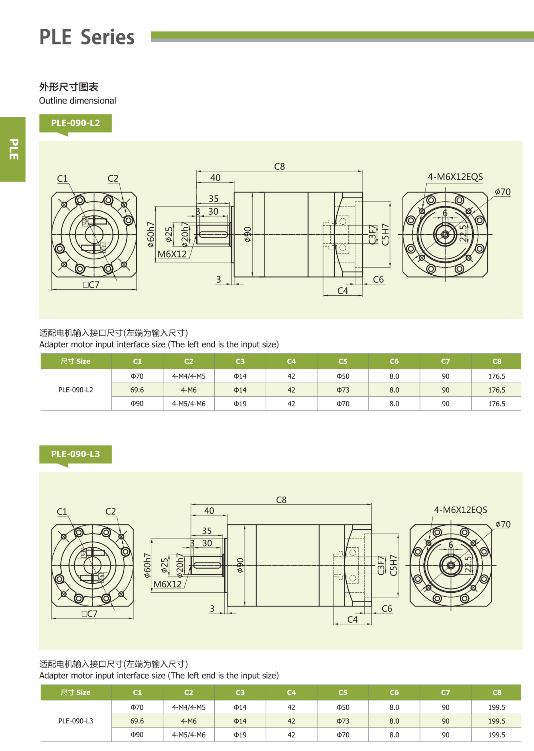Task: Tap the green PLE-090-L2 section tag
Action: pyautogui.click(x=75, y=123)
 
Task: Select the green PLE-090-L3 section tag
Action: pyautogui.click(x=75, y=454)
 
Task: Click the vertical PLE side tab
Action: pyautogui.click(x=13, y=149)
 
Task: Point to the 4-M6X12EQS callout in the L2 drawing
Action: pyautogui.click(x=455, y=177)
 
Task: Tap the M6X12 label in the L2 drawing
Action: pyautogui.click(x=172, y=254)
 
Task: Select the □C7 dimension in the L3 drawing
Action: pyautogui.click(x=89, y=614)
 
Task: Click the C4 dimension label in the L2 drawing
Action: pyautogui.click(x=343, y=291)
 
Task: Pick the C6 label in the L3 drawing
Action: pyautogui.click(x=387, y=609)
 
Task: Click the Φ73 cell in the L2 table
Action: pyautogui.click(x=343, y=390)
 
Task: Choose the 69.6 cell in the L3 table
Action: pyautogui.click(x=137, y=721)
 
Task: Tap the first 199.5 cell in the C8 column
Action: pyautogui.click(x=497, y=707)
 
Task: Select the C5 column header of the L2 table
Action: pyautogui.click(x=343, y=361)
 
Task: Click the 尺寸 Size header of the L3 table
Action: pyautogui.click(x=76, y=693)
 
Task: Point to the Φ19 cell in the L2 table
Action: pyautogui.click(x=240, y=404)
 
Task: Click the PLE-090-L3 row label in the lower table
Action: pyautogui.click(x=76, y=721)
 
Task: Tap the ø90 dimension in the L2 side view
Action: pyautogui.click(x=248, y=234)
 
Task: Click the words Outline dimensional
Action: pyautogui.click(x=78, y=101)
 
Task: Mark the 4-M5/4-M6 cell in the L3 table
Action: pyautogui.click(x=189, y=735)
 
